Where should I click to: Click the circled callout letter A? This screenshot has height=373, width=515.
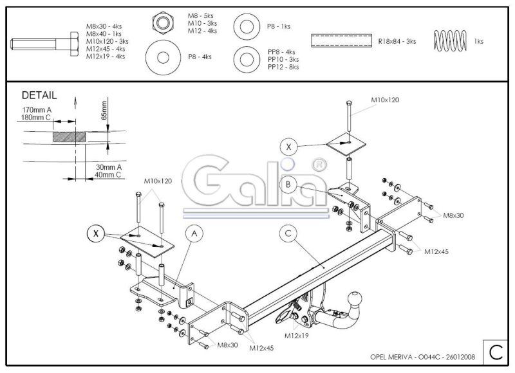click(194, 233)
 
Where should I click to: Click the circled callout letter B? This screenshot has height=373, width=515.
click(288, 185)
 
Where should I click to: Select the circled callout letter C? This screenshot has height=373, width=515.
click(288, 233)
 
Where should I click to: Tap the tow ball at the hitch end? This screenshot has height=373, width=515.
click(355, 298)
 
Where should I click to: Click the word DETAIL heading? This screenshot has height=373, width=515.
click(39, 95)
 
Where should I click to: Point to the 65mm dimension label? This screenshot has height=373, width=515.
click(104, 110)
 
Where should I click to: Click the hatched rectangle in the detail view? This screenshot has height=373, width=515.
click(70, 137)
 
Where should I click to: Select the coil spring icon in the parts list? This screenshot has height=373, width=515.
click(450, 41)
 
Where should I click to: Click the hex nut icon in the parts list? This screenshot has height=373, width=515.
click(164, 23)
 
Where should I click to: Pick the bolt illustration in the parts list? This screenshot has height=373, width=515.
click(44, 44)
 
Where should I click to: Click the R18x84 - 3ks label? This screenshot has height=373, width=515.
click(397, 41)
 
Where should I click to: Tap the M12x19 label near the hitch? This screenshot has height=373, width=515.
click(296, 336)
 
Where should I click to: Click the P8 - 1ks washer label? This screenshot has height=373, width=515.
click(279, 26)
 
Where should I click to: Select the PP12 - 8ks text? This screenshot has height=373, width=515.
click(283, 67)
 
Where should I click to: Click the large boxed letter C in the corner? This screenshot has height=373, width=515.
click(496, 352)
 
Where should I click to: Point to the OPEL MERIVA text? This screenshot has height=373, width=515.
click(391, 357)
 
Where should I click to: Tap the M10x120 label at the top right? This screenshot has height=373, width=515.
click(385, 100)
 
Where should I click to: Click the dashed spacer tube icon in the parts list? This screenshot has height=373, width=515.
click(341, 41)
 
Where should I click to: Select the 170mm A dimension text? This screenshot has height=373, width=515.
click(37, 110)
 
